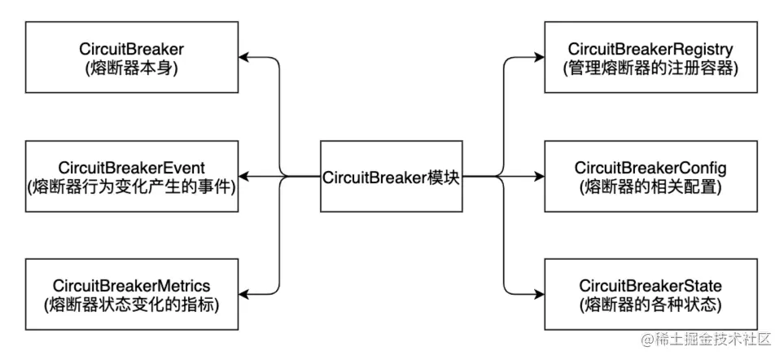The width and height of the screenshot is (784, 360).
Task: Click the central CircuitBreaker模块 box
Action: [x=392, y=176]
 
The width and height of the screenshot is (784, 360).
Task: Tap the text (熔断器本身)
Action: [x=132, y=68]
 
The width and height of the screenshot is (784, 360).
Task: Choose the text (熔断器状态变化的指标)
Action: [x=132, y=305]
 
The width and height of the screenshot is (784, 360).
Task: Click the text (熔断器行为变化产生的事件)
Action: [x=132, y=187]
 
